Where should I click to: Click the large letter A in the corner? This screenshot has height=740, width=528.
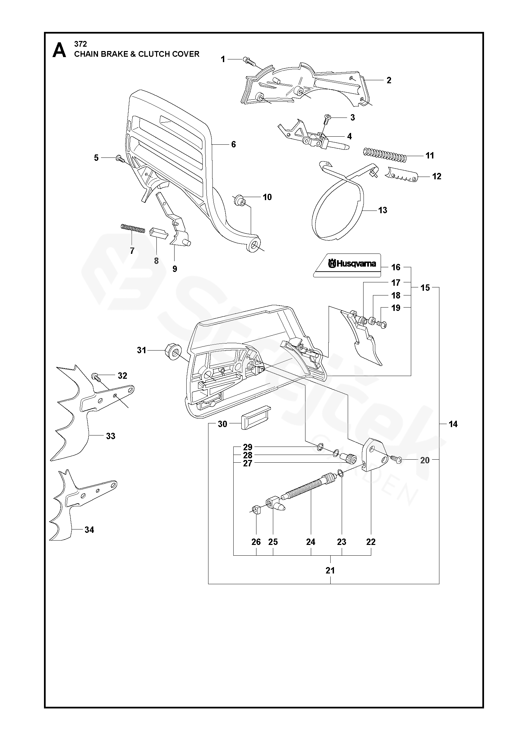(x=59, y=51)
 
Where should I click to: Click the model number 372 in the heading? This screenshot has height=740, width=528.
(x=81, y=44)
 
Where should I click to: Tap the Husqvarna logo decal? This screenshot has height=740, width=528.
(x=347, y=265)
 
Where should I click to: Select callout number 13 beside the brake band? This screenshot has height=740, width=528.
(x=382, y=210)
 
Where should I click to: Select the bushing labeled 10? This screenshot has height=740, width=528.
(x=239, y=200)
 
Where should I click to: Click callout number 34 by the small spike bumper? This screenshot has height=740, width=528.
(x=89, y=530)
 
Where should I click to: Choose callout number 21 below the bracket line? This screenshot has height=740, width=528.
(x=330, y=570)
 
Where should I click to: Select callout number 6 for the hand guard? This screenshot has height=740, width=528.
(x=233, y=144)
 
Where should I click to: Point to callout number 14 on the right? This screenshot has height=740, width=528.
(x=453, y=424)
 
